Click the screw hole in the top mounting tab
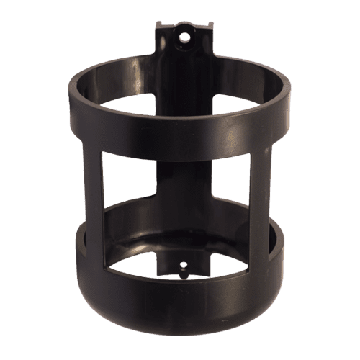[x=184, y=35]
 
